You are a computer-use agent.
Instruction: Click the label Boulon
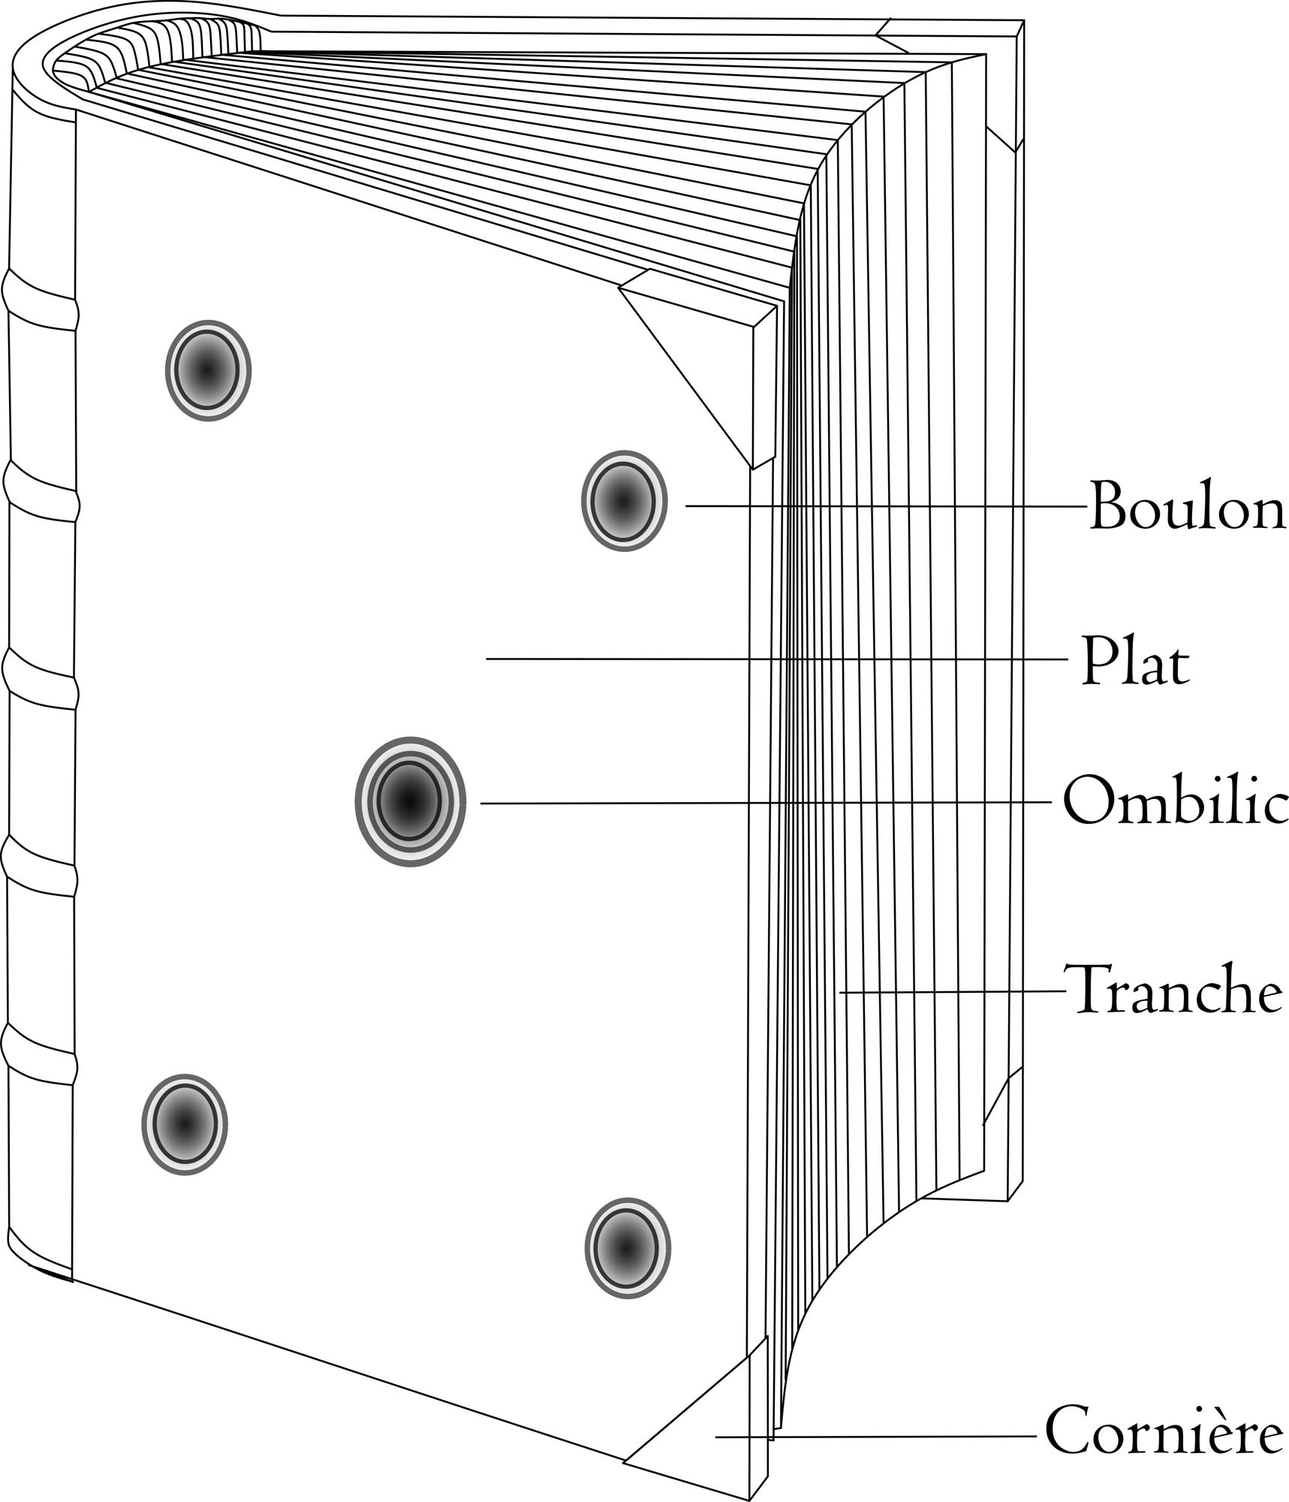1186,506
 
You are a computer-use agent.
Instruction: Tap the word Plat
1135,661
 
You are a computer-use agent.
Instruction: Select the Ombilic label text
1175,801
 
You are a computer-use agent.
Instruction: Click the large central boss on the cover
410,801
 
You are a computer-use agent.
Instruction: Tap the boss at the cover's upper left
208,370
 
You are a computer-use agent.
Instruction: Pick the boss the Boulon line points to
623,501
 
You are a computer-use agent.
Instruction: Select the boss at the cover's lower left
184,1124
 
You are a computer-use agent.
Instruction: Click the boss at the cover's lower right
627,1248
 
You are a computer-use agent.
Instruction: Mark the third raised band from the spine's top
41,677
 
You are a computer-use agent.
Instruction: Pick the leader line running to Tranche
953,992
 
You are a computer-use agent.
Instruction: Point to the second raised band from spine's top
41,490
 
